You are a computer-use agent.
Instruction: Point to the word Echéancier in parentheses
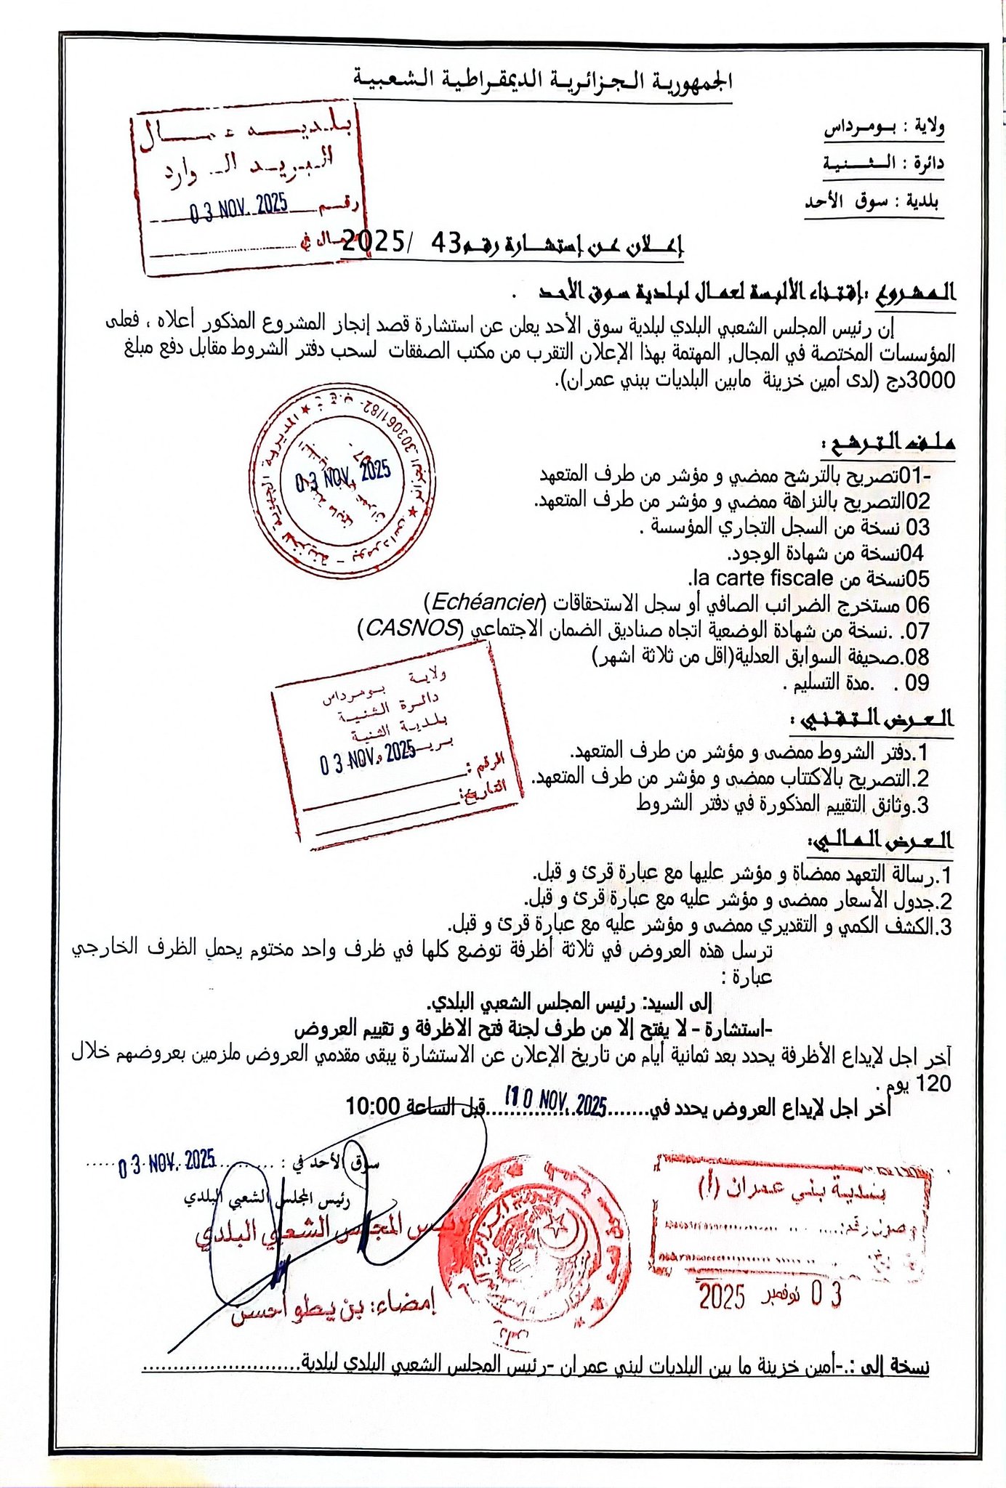[x=488, y=602]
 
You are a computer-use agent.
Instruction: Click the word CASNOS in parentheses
[x=411, y=628]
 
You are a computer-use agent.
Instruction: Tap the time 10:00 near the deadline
[x=373, y=1107]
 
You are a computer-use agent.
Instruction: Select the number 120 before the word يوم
[x=933, y=1084]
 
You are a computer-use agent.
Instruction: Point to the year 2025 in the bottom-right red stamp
[x=722, y=1295]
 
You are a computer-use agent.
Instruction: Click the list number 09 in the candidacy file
[x=917, y=683]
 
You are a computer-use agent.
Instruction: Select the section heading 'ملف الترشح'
[x=888, y=442]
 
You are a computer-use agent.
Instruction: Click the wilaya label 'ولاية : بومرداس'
[x=883, y=127]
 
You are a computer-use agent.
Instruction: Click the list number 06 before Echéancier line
[x=917, y=604]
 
